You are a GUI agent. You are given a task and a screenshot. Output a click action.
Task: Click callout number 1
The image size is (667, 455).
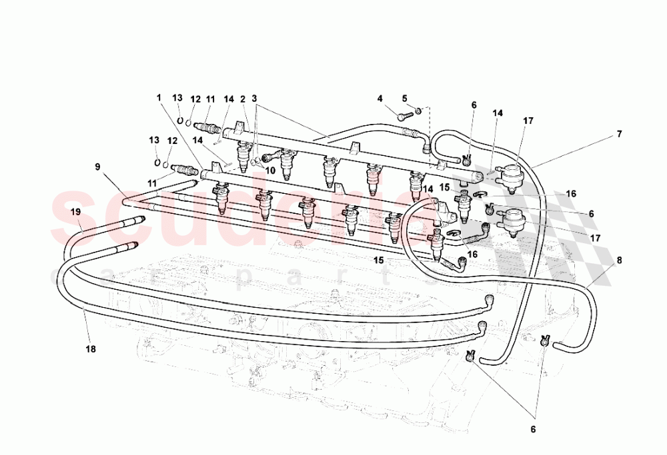[159, 97]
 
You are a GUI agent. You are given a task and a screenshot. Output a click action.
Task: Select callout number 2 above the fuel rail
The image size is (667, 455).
[244, 99]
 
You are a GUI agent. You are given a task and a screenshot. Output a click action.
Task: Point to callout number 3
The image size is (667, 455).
[255, 99]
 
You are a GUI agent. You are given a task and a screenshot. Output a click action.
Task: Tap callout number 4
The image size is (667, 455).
[380, 99]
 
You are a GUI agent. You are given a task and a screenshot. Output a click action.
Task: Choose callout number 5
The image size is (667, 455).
[404, 99]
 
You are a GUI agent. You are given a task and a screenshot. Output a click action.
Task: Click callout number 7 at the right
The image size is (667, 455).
[619, 134]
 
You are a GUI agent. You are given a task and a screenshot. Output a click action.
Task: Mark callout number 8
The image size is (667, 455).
[619, 261]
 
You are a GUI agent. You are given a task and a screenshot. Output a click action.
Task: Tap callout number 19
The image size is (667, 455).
[76, 211]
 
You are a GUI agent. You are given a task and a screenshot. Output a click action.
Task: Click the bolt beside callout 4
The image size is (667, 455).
[403, 116]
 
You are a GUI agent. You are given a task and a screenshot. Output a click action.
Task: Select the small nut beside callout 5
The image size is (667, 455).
[419, 110]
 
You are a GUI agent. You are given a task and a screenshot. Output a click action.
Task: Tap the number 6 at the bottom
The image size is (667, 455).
[532, 430]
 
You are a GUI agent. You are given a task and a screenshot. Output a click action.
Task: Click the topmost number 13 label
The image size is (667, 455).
[177, 98]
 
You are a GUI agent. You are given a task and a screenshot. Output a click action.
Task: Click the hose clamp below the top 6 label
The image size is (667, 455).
[466, 159]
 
